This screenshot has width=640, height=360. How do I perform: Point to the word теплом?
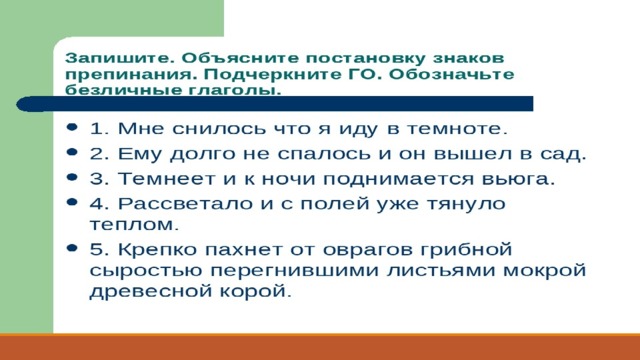[131, 224]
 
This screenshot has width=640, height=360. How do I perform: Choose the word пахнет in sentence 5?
[243, 249]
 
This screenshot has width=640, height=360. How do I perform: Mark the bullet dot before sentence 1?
[72, 127]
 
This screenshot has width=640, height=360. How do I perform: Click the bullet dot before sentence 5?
[72, 248]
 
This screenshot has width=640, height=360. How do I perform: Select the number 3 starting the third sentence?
[95, 179]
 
